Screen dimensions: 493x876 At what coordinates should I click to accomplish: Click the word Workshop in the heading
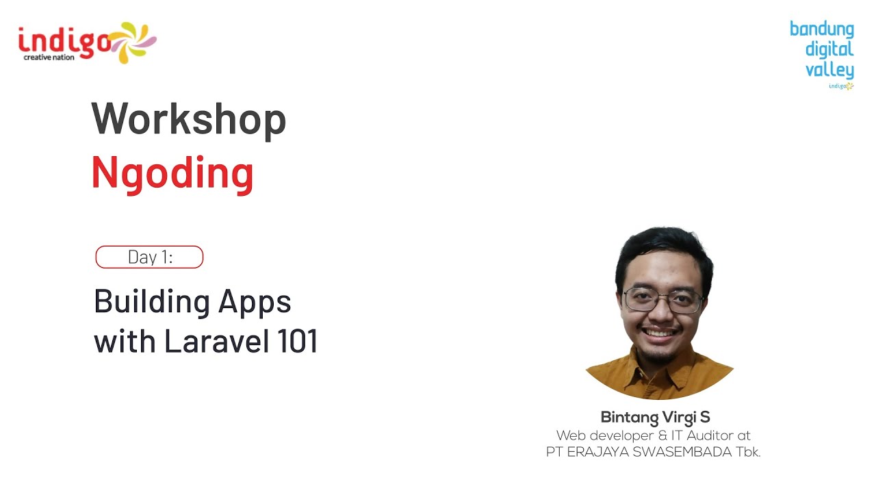click(189, 119)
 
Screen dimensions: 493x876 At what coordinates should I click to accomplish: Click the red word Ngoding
click(172, 173)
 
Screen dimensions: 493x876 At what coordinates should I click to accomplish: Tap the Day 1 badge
click(149, 257)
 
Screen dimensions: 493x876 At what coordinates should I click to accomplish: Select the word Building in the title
click(151, 301)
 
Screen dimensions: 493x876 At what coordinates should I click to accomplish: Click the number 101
click(298, 341)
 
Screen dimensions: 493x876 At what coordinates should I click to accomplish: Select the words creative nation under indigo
click(49, 58)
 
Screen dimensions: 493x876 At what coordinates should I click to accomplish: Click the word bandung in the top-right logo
click(821, 29)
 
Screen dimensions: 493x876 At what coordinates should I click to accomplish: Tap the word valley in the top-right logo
click(829, 70)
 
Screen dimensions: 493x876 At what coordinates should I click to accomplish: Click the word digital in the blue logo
click(829, 49)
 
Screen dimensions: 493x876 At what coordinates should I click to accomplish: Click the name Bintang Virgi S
click(655, 417)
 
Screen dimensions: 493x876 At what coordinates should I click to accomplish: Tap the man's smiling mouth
click(660, 334)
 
